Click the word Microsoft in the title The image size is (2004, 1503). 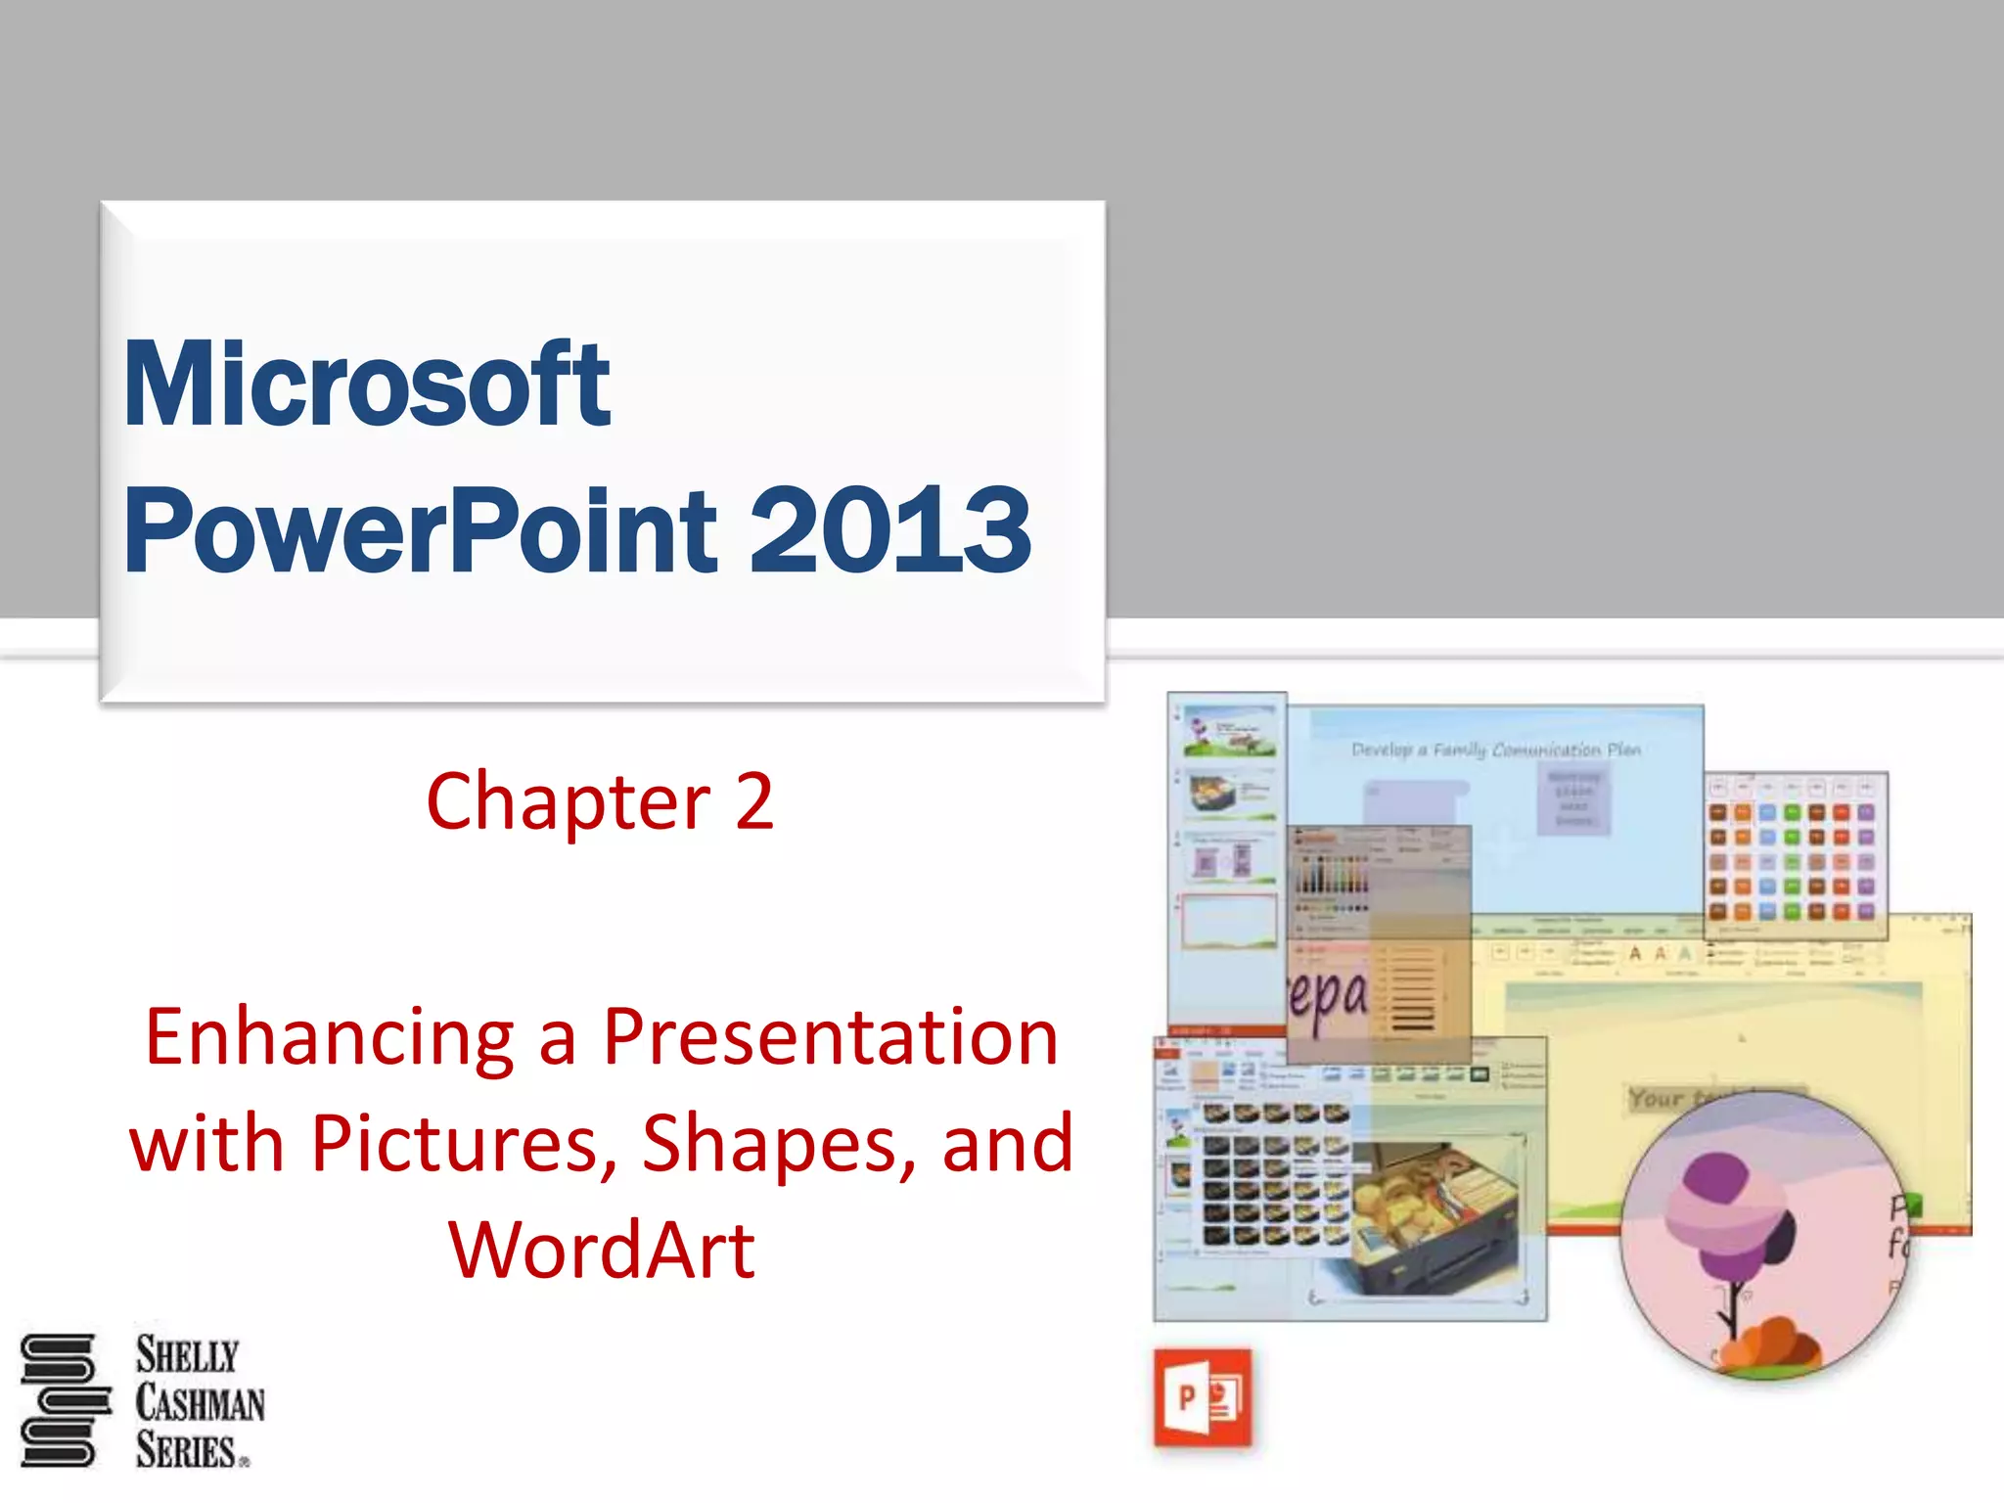[x=366, y=384]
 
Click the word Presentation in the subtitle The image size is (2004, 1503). [x=830, y=1037]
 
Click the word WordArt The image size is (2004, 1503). [x=602, y=1250]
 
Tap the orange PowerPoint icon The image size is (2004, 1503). [x=1203, y=1397]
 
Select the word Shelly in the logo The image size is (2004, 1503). [x=187, y=1356]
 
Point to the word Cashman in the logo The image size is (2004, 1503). [x=200, y=1403]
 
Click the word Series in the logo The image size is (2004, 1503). [x=186, y=1450]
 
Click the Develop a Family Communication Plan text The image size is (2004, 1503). [x=1495, y=751]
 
